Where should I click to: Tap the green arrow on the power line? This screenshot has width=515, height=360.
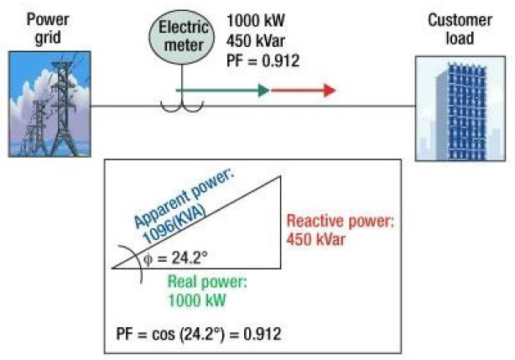(x=223, y=90)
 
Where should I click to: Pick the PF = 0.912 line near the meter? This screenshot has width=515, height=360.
(x=262, y=60)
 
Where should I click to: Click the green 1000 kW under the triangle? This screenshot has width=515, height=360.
(x=196, y=298)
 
